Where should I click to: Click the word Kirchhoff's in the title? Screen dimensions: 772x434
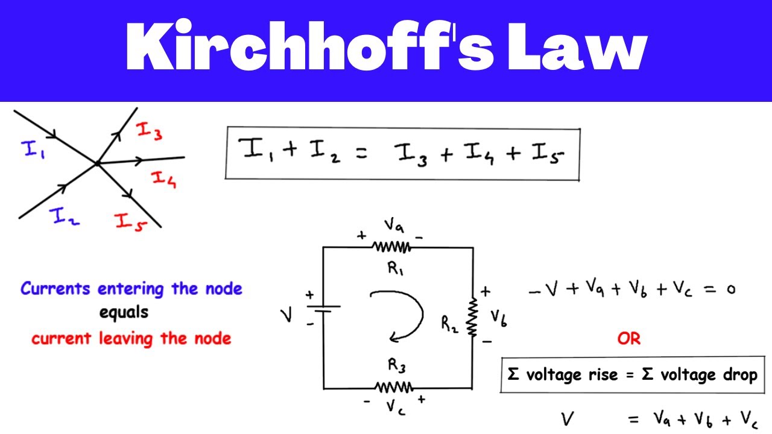point(309,45)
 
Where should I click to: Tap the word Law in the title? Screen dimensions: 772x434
point(578,47)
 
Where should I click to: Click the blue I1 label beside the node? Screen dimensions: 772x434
point(33,150)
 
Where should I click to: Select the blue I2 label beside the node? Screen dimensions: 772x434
point(64,216)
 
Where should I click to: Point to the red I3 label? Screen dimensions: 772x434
point(149,131)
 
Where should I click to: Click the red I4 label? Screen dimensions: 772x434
point(164,180)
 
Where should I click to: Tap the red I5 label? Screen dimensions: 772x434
point(131,222)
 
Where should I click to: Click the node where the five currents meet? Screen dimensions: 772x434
point(98,163)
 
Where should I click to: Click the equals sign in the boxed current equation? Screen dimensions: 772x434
point(361,153)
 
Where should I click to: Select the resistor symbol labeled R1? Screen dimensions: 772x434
point(391,247)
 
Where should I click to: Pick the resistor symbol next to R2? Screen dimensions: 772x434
point(472,318)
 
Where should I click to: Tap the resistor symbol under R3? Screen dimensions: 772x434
point(394,387)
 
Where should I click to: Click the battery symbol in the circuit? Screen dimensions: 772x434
point(323,309)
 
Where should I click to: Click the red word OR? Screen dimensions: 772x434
point(629,339)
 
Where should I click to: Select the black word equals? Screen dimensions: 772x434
point(124,313)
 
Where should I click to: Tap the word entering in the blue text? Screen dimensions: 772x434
point(131,289)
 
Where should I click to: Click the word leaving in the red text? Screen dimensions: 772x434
point(126,339)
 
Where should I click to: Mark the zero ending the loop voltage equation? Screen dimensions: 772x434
point(731,289)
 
